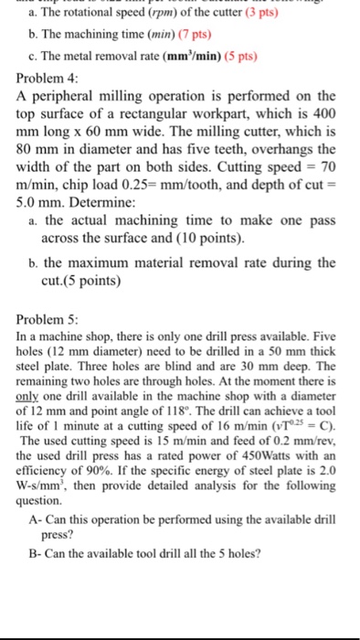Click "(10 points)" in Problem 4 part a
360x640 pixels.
[206, 240]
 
